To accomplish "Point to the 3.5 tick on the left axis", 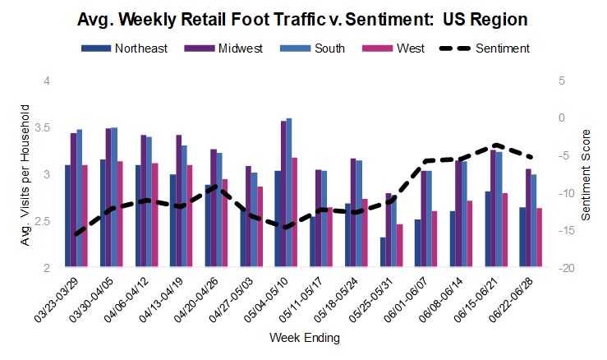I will click(44, 128).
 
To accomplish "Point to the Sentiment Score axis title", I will click(586, 173).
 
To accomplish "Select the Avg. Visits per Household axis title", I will click(25, 174).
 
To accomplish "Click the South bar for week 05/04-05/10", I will click(289, 193).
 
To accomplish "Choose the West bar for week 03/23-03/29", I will click(85, 216).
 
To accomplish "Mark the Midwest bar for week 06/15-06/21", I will click(494, 209).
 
